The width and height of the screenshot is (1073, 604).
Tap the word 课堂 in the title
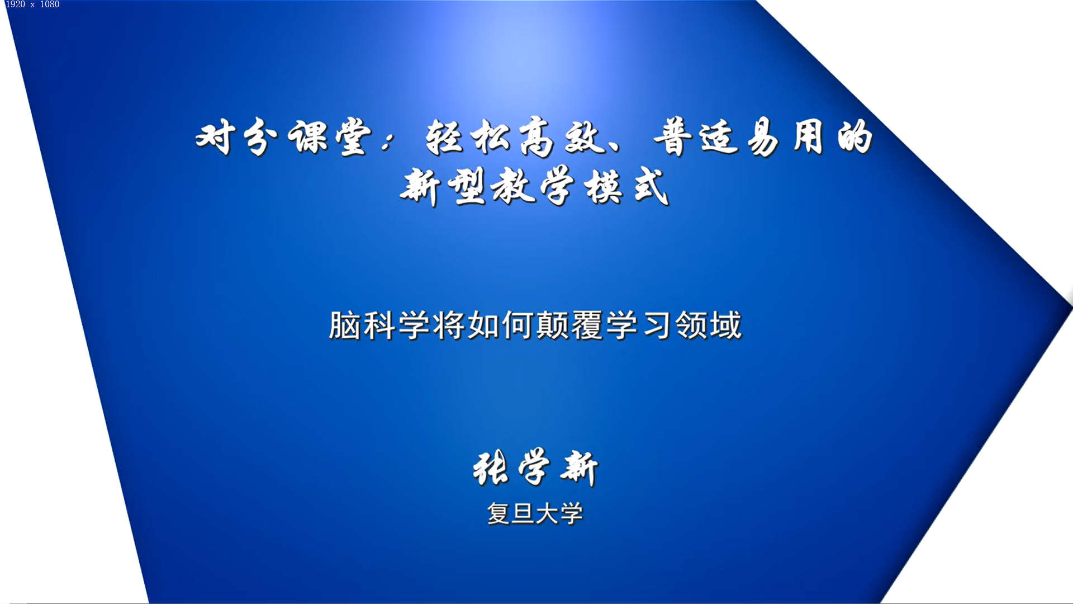click(329, 137)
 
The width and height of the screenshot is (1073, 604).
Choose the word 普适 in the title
click(696, 137)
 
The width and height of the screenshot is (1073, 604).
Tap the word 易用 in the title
click(785, 137)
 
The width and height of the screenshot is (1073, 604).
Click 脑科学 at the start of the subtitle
click(380, 325)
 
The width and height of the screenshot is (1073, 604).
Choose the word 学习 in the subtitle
click(639, 325)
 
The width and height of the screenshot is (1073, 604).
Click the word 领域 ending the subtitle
click(709, 325)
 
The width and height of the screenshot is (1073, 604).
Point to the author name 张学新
click(535, 468)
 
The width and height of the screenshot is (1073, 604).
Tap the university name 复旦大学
click(535, 513)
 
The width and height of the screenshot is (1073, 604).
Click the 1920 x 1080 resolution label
click(32, 4)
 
